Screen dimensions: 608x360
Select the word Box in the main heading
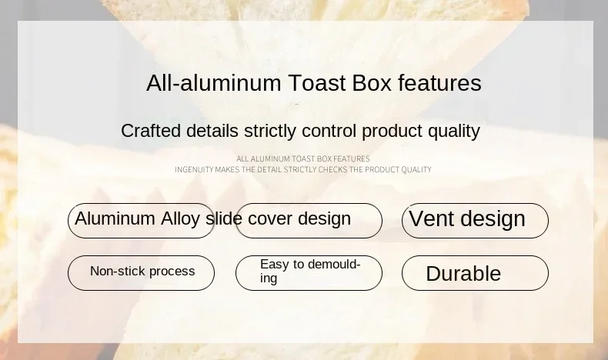pos(372,83)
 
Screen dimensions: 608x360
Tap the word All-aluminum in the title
pos(214,83)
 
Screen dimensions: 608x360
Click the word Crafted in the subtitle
pos(151,131)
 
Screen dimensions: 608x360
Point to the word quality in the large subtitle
pos(454,132)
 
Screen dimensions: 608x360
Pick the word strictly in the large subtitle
pos(270,132)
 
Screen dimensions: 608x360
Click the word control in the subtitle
pos(329,131)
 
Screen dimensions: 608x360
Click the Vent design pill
pos(475,221)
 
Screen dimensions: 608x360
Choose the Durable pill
pos(475,273)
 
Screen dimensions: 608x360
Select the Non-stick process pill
pos(141,273)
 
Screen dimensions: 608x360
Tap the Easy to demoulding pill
pos(309,273)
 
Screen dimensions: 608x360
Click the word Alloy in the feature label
pos(180,219)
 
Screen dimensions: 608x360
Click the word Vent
pos(432,218)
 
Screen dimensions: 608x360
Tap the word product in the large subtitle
pos(392,132)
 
